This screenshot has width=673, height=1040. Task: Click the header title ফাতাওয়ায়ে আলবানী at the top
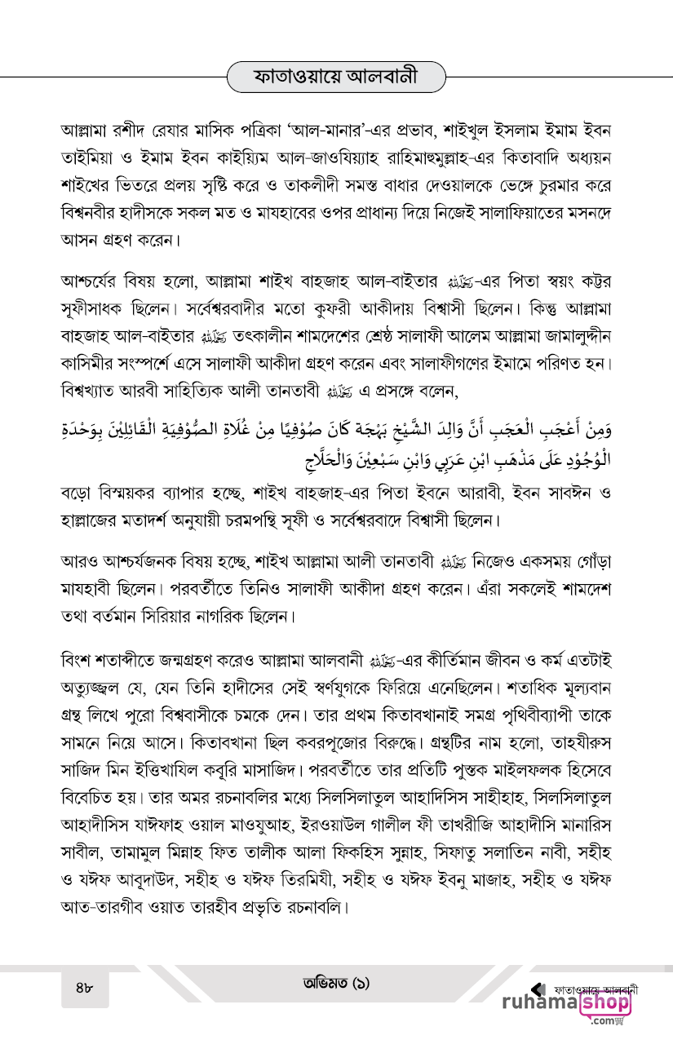337,78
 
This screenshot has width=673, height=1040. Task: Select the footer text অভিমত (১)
335,984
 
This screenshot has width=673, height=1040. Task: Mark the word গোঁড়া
588,561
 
